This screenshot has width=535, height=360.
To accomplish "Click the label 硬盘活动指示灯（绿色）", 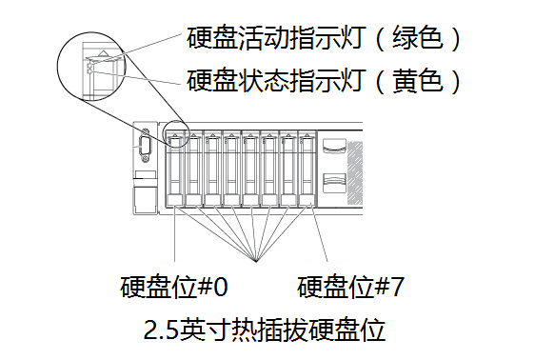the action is [324, 37].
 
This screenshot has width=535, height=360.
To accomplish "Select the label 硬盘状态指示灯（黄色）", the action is [324, 81].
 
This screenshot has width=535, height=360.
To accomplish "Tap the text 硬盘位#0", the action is [173, 287].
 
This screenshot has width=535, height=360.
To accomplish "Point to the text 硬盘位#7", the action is [350, 287].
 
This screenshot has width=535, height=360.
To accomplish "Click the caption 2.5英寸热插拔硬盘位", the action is [265, 330].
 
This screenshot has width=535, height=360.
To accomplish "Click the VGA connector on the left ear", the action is [145, 146].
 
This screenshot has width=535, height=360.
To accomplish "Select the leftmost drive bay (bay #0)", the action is [175, 169].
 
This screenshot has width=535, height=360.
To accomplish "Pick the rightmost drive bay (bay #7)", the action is [307, 169].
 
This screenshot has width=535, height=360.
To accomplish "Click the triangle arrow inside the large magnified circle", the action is [103, 53].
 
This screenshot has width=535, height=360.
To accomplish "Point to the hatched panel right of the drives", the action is [355, 172].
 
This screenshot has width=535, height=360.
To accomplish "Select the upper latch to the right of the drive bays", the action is [334, 146].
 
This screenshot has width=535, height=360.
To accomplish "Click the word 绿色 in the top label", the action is [418, 37].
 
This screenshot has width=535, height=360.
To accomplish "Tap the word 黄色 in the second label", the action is [418, 81].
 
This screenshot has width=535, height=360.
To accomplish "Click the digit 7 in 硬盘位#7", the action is [398, 287].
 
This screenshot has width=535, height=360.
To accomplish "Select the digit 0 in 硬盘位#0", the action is [221, 287].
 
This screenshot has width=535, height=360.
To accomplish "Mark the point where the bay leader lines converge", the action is [255, 261].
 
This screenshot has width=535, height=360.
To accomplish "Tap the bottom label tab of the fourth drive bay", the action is [232, 200].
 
